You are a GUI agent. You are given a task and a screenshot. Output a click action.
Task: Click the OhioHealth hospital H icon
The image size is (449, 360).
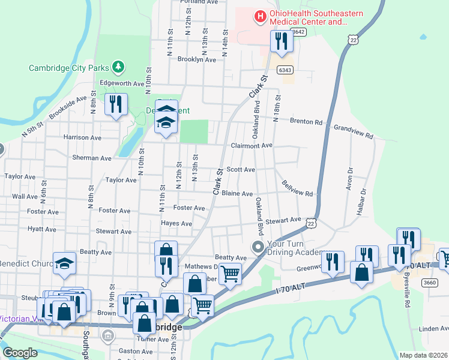pos(260,16)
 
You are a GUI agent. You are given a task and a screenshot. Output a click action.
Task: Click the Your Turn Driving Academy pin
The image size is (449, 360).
pos(258,247)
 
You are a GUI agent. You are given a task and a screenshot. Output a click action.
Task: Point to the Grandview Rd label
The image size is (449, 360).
pos(354,132)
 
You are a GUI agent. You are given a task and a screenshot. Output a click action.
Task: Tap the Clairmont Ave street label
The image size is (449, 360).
pos(252,145)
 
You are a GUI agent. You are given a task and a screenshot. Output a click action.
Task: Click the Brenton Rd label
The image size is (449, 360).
pos(306,121)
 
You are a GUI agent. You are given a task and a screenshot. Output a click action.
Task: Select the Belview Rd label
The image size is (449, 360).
pos(297,189)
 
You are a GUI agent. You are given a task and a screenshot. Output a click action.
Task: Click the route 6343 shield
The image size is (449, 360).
pos(285,70)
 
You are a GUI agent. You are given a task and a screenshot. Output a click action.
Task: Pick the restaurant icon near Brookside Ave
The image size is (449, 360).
pos(115,104)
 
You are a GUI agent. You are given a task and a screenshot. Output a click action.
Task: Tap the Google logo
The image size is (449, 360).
pos(20,353)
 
